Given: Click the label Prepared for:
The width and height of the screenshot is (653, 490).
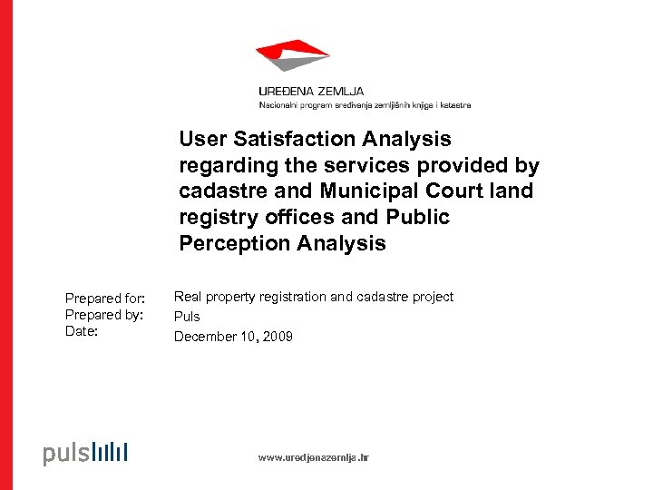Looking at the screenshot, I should tap(105, 299).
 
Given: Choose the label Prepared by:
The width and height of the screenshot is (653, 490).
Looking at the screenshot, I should tap(105, 315).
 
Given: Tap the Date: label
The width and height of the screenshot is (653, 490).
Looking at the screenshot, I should tap(82, 332).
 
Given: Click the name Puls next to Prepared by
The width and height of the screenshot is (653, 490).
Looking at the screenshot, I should tap(187, 317).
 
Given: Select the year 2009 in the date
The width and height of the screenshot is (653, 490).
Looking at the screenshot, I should tap(278, 337).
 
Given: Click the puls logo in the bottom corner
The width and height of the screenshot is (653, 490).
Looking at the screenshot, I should tap(85, 453).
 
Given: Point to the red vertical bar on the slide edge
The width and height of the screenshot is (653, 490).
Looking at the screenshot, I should tap(6, 245).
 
